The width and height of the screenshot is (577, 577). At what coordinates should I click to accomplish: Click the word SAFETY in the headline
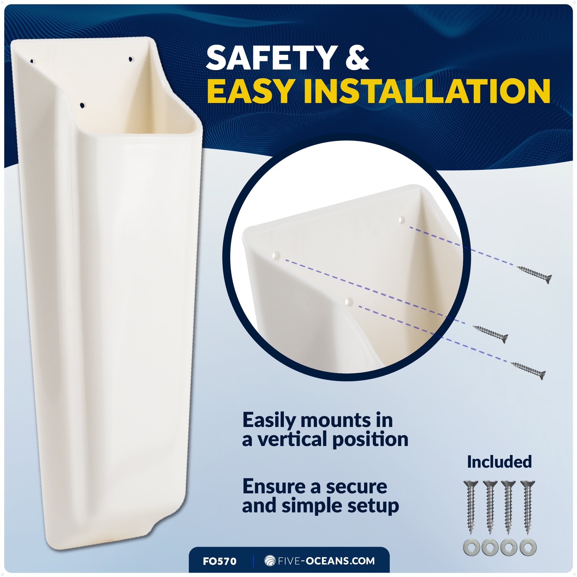(270, 58)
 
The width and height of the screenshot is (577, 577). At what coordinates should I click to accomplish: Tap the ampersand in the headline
(357, 58)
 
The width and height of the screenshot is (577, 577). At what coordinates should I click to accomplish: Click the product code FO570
(220, 561)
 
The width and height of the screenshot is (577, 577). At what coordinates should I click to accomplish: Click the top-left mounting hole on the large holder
(32, 61)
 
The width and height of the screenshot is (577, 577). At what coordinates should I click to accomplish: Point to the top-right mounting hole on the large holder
(130, 59)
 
